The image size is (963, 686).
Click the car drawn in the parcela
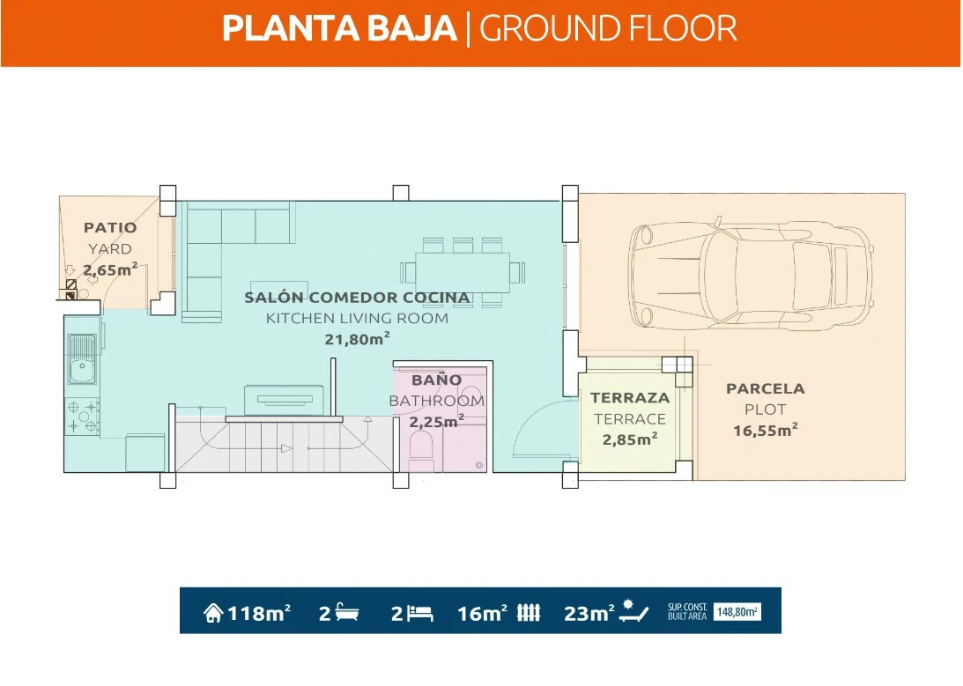pyautogui.click(x=751, y=273)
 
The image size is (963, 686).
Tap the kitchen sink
pyautogui.click(x=82, y=359)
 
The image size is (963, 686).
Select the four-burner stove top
pyautogui.click(x=82, y=417)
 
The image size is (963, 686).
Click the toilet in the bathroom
pyautogui.click(x=420, y=446)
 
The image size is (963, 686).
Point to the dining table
pyautogui.click(x=463, y=272)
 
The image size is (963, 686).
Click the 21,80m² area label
pyautogui.click(x=358, y=338)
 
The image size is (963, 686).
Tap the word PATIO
pyautogui.click(x=110, y=228)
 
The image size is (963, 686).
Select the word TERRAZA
pyautogui.click(x=630, y=398)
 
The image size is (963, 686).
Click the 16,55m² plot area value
pyautogui.click(x=766, y=430)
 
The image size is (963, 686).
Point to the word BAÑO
pyautogui.click(x=437, y=380)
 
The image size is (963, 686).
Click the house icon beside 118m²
pyautogui.click(x=213, y=612)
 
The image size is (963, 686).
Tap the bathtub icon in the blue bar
pyautogui.click(x=348, y=612)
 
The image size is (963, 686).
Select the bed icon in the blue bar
pyautogui.click(x=420, y=612)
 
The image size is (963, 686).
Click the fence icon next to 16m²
pyautogui.click(x=528, y=612)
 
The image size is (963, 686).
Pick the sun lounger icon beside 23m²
pyautogui.click(x=633, y=611)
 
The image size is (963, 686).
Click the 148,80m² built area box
pyautogui.click(x=737, y=612)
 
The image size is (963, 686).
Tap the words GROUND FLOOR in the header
pyautogui.click(x=608, y=29)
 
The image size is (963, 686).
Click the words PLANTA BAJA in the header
pyautogui.click(x=339, y=29)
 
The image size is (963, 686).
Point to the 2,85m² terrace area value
pyautogui.click(x=630, y=439)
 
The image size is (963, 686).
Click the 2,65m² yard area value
pyautogui.click(x=110, y=269)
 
